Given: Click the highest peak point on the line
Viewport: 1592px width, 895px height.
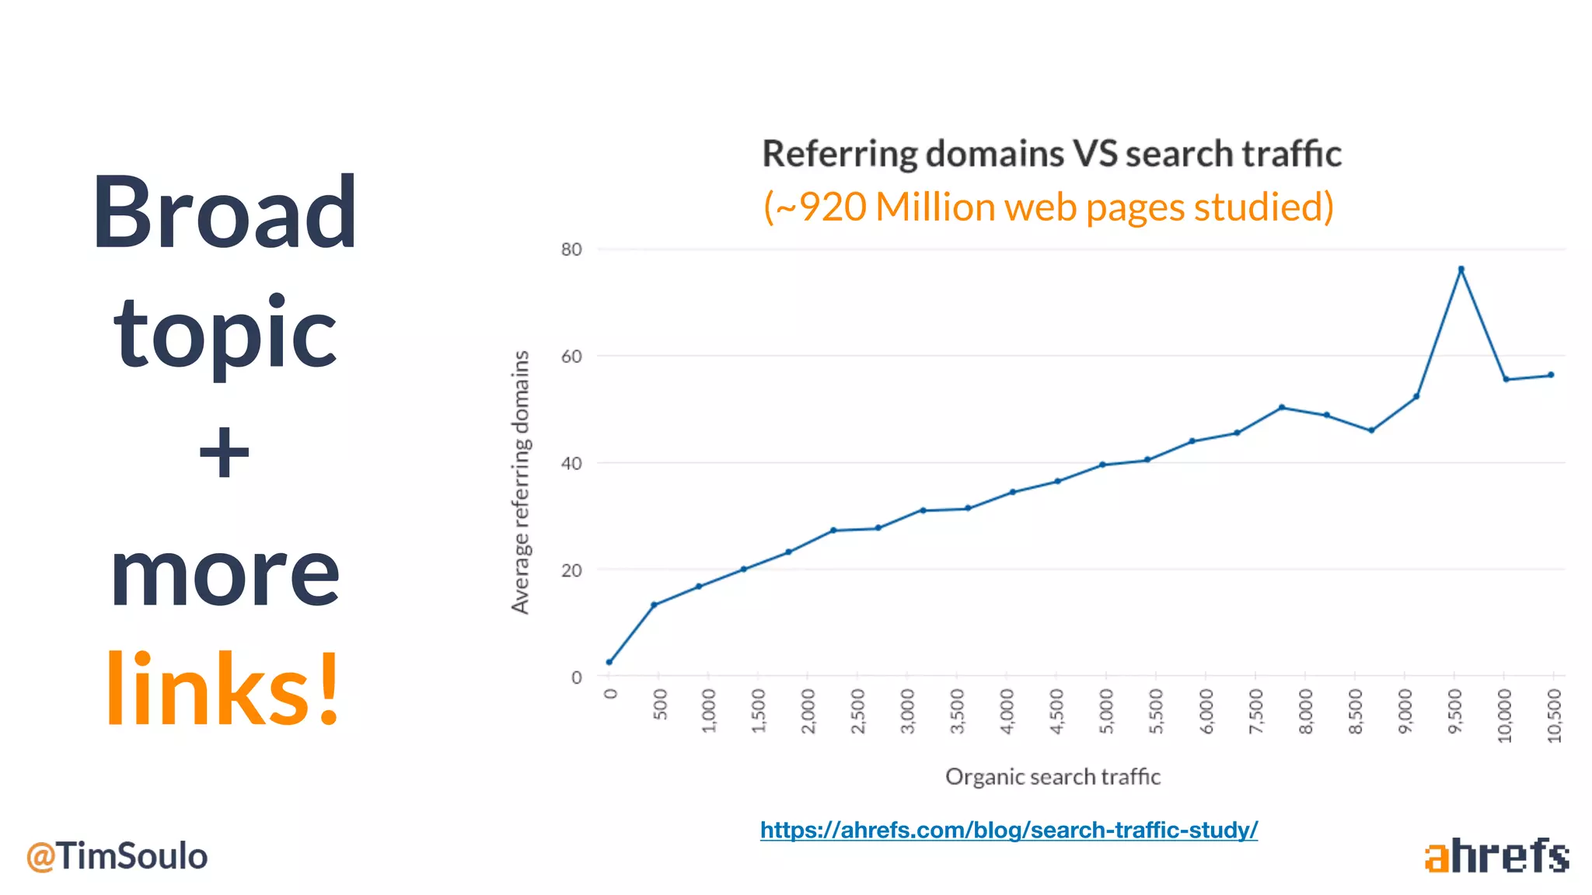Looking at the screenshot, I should pos(1461,270).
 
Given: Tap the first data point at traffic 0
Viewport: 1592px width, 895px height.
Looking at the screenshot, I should pos(609,662).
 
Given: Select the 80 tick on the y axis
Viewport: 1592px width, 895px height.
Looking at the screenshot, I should pos(571,249).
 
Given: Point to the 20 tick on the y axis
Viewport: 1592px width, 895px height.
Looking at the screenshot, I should pos(571,570).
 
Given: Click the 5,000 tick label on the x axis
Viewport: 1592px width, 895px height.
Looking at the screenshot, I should pos(1106,711).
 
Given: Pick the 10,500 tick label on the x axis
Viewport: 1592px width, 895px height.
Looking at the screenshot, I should pos(1554,716).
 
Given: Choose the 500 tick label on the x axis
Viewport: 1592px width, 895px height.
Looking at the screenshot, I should pos(660,704).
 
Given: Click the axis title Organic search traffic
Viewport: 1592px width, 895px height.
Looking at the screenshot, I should pos(1053,776).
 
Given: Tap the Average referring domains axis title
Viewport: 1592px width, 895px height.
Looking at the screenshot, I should pos(520,482).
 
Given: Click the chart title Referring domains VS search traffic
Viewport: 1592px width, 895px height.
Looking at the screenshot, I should pos(1051,153).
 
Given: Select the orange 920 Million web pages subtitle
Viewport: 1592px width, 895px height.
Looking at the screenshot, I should pos(1048,207).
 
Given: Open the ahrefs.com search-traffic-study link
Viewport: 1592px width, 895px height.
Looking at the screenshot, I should pos(1008,830).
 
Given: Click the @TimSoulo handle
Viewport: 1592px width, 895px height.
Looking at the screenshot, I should pos(117,856).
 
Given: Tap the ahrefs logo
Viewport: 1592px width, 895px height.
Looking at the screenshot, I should pos(1496,856).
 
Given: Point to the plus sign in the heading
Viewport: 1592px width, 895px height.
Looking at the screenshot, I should pos(224,452).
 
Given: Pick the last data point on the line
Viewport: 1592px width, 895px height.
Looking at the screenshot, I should pos(1551,375).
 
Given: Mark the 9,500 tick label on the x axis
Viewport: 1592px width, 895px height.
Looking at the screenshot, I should pos(1454,711).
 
